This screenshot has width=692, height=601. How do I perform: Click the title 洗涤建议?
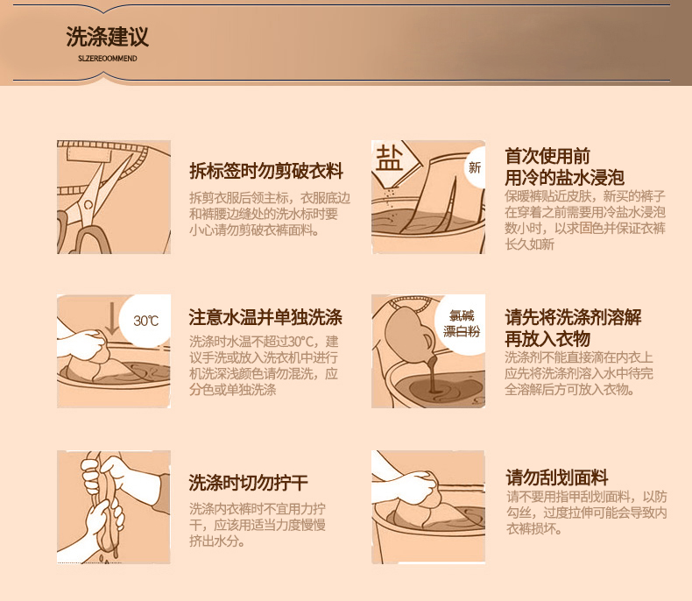[107, 36]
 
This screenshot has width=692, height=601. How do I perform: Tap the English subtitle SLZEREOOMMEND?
[107, 58]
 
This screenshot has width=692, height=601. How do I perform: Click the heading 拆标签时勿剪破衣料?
[266, 171]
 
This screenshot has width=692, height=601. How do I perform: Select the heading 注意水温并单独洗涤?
[265, 317]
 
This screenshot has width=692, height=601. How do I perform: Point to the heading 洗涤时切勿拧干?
[248, 483]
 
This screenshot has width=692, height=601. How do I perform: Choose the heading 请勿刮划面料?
[557, 477]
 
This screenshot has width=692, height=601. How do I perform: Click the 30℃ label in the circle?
[145, 321]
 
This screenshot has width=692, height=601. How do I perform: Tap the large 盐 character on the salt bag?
[389, 158]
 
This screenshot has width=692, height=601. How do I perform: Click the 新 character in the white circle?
[475, 167]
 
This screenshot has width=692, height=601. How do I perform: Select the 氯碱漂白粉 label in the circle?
[461, 323]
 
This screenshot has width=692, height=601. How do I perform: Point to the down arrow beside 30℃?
[112, 319]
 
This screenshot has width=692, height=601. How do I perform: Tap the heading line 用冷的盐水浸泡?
[564, 178]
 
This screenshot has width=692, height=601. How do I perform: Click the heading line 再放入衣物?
[547, 339]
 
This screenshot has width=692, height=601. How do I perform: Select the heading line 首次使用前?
[547, 156]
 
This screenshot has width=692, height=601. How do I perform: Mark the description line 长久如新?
[530, 244]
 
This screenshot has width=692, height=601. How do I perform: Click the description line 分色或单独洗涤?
[233, 390]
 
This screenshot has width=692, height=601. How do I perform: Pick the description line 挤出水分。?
[217, 541]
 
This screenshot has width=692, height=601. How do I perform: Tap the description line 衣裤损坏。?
[534, 528]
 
